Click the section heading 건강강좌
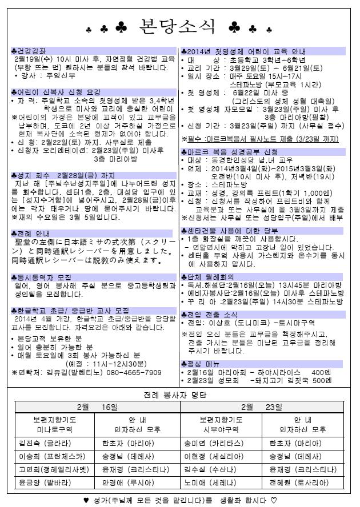point(29,51)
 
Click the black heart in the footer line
point(86,500)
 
